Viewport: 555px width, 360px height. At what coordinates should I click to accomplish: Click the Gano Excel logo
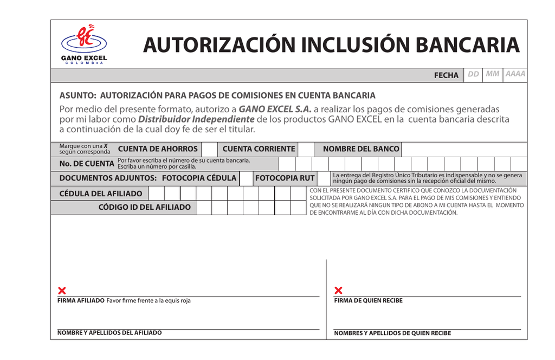pos(84,44)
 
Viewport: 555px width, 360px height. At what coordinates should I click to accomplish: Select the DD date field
pos(473,74)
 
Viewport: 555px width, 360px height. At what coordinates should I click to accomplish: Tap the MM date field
pos(493,74)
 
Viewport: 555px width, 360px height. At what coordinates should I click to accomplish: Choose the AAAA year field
pos(515,74)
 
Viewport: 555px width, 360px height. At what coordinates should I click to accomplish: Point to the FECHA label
pos(446,75)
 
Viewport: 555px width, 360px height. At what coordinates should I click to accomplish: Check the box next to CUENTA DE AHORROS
pos(209,149)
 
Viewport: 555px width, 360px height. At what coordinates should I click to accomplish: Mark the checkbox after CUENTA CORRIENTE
pos(306,149)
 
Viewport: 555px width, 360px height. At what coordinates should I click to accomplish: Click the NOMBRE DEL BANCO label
pos(361,149)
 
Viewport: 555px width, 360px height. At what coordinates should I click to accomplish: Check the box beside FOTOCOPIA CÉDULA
pos(246,178)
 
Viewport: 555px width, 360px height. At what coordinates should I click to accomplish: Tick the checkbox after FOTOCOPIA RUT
pos(324,178)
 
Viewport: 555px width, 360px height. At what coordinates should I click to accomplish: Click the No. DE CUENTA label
pos(87,164)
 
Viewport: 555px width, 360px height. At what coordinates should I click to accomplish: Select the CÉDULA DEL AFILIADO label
pos(101,194)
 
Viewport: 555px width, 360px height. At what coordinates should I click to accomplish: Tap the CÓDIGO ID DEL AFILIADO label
pos(145,208)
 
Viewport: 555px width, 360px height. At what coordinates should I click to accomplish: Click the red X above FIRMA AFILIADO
pos(62,291)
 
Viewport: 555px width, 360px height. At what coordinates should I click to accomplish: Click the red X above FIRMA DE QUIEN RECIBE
pos(339,291)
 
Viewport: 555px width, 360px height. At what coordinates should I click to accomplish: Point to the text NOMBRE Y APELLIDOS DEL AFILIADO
pos(109,333)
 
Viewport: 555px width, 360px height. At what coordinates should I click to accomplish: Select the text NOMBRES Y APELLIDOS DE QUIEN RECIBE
pos(392,333)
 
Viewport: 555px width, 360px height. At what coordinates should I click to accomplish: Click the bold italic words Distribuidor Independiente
pos(196,119)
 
